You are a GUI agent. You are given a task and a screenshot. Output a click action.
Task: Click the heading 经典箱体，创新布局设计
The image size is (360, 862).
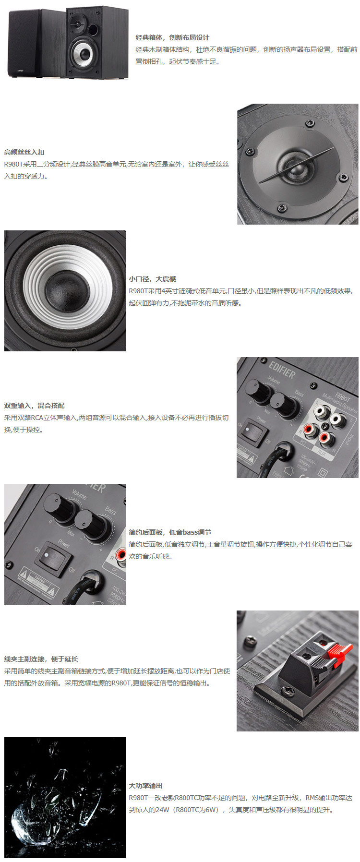coord(172,37)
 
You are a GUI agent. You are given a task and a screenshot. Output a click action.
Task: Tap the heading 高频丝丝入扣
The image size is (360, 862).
coord(24,152)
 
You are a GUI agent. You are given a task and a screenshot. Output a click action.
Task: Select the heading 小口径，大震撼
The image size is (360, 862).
coord(152,279)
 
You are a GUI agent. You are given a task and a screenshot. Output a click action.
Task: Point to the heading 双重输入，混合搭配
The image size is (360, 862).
coord(34,406)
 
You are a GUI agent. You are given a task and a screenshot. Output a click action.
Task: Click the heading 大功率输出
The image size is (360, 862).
coord(145,786)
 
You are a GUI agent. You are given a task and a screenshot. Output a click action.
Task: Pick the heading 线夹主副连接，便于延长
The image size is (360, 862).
coord(41,659)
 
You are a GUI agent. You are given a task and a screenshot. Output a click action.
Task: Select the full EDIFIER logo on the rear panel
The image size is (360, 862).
coord(282,370)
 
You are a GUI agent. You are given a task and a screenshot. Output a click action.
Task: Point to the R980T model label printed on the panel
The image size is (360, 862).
coord(342,396)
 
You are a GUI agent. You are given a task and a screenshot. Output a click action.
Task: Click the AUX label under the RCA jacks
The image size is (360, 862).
coord(322,453)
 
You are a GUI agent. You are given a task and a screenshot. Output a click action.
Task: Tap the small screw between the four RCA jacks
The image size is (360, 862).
coord(324,427)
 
